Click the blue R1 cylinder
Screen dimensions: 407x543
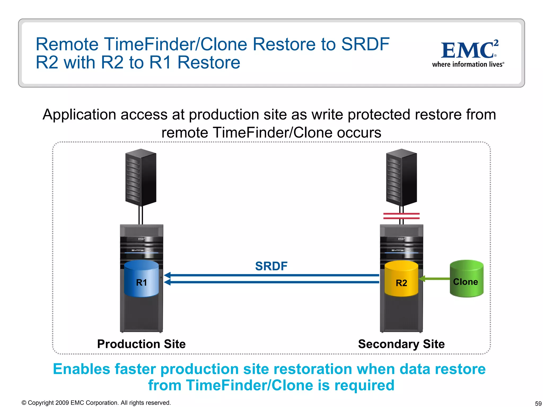[141, 279]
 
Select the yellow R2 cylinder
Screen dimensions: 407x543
[401, 279]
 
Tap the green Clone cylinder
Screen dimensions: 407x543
[466, 279]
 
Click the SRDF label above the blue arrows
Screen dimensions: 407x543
[271, 266]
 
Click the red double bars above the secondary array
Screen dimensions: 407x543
[401, 216]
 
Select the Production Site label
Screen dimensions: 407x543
[141, 344]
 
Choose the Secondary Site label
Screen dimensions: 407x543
[401, 344]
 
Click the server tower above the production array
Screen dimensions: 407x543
[141, 177]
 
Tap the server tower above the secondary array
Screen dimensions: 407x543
[401, 177]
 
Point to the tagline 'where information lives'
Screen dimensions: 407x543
[468, 64]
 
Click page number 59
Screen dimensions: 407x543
[538, 404]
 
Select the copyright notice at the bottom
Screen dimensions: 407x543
[96, 403]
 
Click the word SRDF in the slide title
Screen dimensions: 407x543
[365, 44]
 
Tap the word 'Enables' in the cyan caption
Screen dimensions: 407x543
[81, 369]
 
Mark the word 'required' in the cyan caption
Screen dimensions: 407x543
[364, 385]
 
